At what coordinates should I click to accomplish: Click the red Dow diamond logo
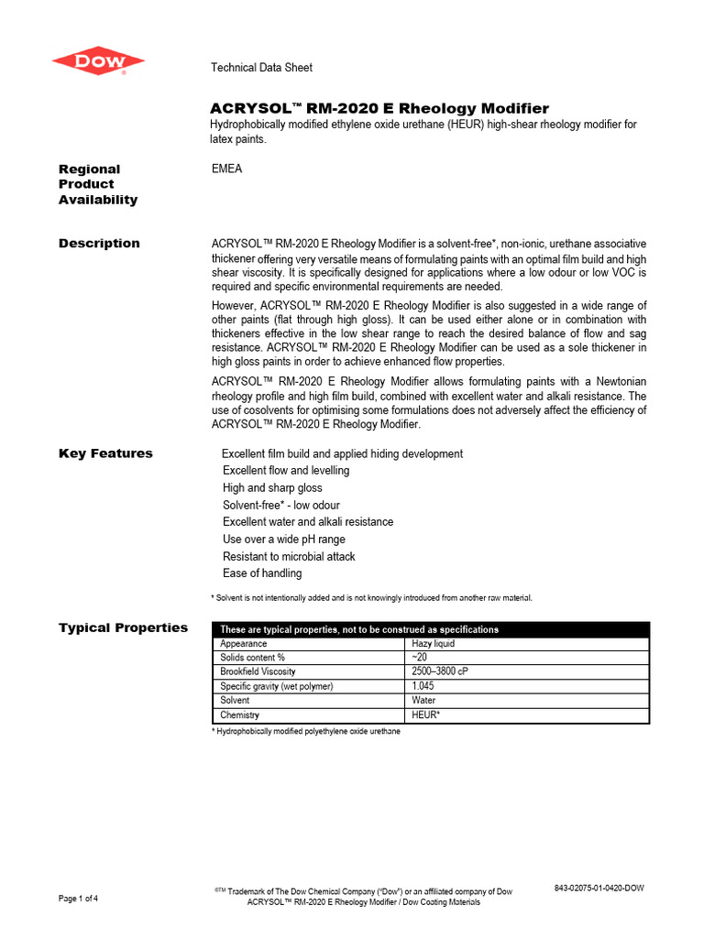(x=98, y=61)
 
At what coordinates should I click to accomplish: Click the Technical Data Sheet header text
(x=261, y=68)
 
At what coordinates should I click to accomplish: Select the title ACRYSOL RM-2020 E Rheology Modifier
(x=379, y=108)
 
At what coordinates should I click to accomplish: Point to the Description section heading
(x=99, y=244)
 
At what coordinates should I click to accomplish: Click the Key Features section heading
(x=105, y=453)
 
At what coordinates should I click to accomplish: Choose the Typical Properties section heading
(x=123, y=627)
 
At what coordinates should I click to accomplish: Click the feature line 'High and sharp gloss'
(x=272, y=488)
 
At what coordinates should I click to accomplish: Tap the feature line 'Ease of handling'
(x=262, y=573)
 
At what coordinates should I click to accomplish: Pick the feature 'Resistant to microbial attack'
(x=289, y=557)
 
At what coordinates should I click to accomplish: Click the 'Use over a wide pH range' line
(x=284, y=540)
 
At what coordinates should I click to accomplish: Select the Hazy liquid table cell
(x=434, y=644)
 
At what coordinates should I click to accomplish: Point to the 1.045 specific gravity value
(x=423, y=686)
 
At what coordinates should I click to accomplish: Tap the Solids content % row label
(x=253, y=658)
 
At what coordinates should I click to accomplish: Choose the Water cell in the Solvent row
(x=424, y=700)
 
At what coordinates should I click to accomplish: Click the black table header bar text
(x=359, y=629)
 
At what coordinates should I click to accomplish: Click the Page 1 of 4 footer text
(x=79, y=899)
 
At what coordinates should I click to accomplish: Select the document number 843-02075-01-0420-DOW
(x=599, y=889)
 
